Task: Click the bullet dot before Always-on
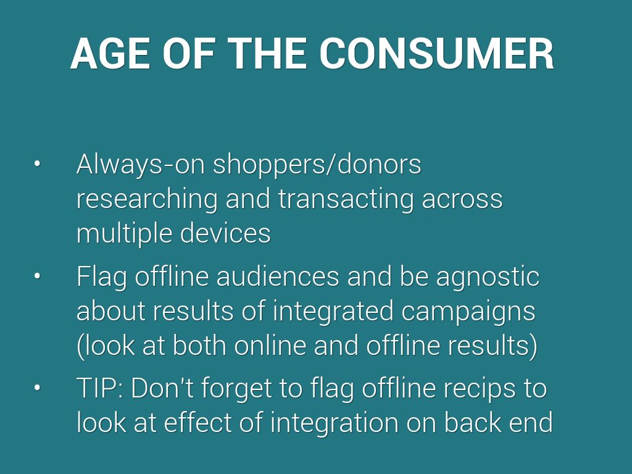[x=37, y=164]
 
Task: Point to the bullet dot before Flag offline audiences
[x=37, y=276]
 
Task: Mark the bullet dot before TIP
[x=37, y=388]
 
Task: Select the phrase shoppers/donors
[x=317, y=164]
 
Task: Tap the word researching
[x=147, y=199]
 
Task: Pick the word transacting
[x=346, y=199]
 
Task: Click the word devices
[x=225, y=233]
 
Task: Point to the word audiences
[x=278, y=276]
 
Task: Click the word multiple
[x=125, y=234]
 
